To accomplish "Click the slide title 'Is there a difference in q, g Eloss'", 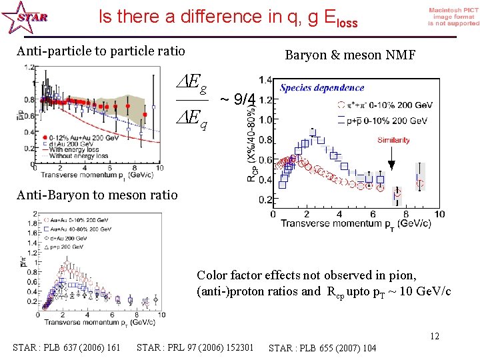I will coord(228,17).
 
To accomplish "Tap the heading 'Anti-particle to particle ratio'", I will coord(101,51).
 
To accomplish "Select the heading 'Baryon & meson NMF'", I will coord(350,55).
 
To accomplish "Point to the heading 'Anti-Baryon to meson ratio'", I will coord(97,195).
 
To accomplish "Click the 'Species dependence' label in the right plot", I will coord(322,87).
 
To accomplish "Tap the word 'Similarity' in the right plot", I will coord(393,140).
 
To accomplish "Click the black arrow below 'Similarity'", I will coord(392,158).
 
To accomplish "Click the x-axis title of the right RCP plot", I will coord(355,223).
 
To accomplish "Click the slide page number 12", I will coord(434,336).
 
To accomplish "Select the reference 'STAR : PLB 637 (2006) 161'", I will coord(67,347).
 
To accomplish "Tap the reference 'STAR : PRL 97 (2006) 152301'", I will coord(195,347).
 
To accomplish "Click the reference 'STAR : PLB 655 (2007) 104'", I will coord(322,347).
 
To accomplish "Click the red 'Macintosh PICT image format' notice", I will coord(453,17).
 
